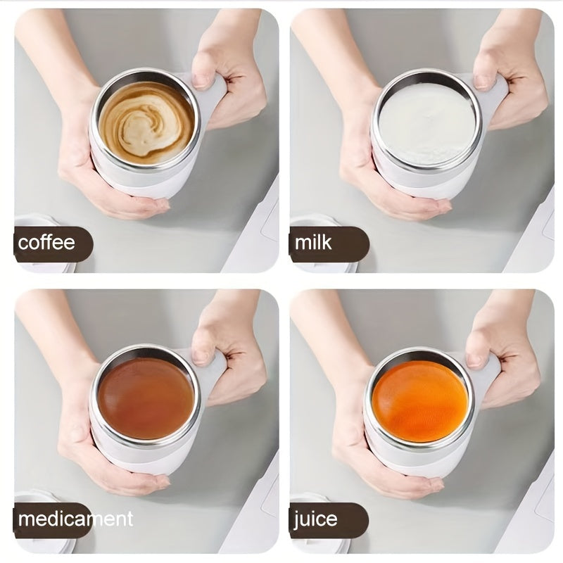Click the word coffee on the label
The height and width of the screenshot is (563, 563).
[46, 243]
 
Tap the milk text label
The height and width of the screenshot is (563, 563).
[313, 243]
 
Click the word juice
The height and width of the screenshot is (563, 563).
[316, 519]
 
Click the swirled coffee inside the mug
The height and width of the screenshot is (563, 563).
[146, 123]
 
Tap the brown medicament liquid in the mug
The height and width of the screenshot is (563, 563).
[146, 398]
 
